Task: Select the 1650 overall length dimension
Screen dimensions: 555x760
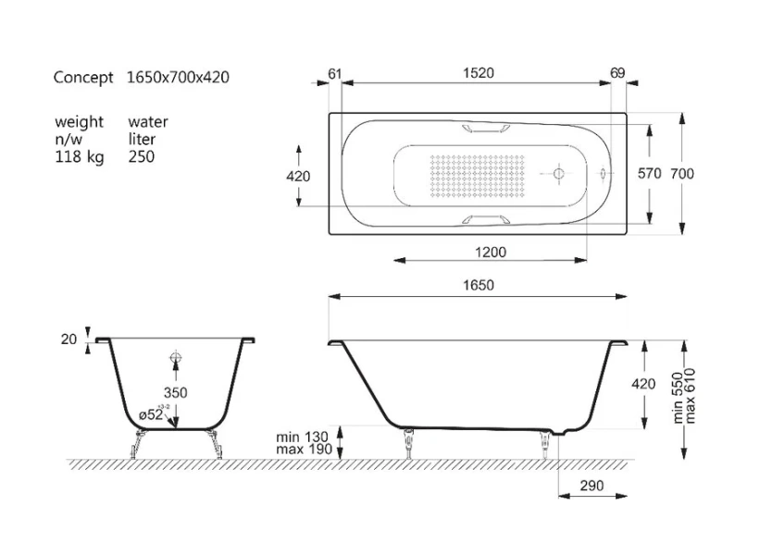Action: [x=478, y=286]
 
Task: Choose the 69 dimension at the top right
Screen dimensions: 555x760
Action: [x=618, y=73]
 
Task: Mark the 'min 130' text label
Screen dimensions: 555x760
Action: [x=303, y=437]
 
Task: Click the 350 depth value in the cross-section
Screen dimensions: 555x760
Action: [x=175, y=393]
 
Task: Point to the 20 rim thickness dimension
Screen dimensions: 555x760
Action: [x=69, y=339]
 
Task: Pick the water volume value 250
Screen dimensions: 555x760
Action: [x=142, y=157]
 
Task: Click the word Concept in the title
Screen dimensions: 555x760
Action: [x=83, y=78]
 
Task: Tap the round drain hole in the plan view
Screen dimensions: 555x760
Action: [x=558, y=173]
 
